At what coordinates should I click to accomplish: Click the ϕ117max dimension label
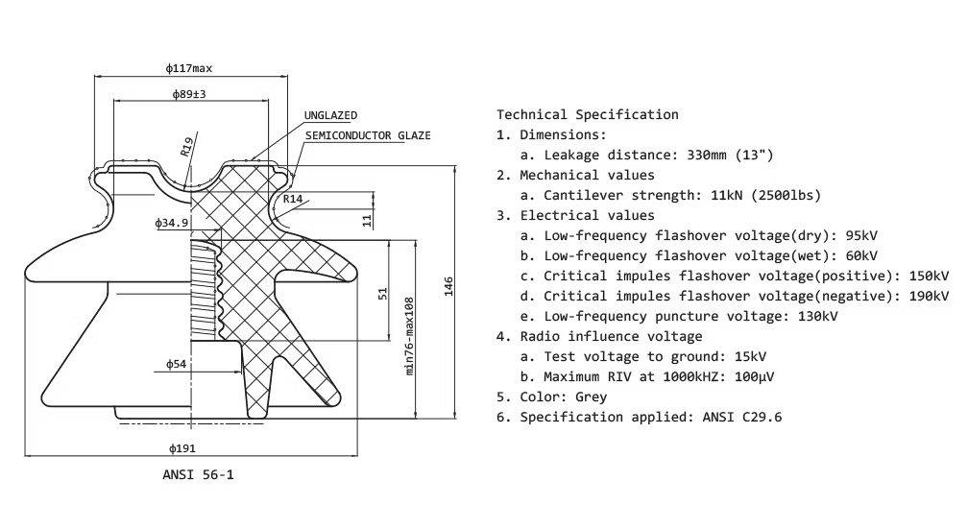(188, 68)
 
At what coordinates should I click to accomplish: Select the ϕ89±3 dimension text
(189, 94)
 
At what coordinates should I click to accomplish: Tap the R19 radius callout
(187, 145)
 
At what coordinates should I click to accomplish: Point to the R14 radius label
(293, 199)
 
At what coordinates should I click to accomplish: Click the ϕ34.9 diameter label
(172, 223)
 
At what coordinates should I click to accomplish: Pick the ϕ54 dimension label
(176, 365)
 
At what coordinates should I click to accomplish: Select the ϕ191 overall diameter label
(182, 448)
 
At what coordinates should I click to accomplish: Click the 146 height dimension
(448, 289)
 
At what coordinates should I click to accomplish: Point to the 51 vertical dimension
(383, 293)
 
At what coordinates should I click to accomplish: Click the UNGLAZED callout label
(330, 115)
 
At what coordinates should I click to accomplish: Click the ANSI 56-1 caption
(198, 474)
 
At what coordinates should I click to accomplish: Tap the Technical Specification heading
(587, 114)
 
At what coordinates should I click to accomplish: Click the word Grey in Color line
(591, 397)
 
